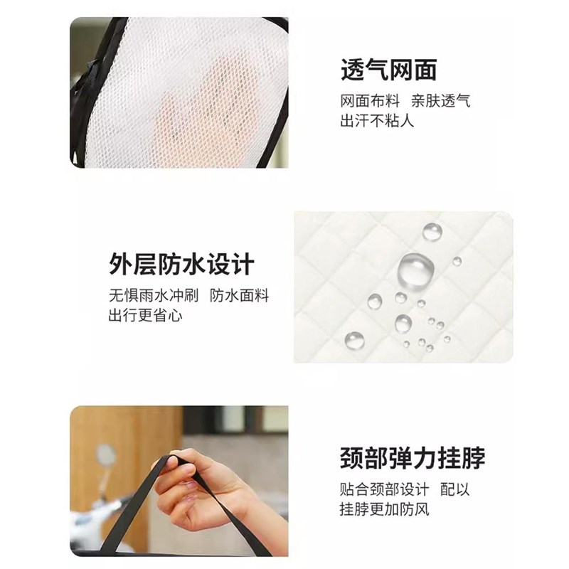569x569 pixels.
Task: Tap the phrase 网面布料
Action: coord(370,101)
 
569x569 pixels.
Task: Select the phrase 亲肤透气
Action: coord(440,101)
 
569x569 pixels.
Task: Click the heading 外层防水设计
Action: coord(181,265)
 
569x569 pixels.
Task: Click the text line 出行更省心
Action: coord(145,315)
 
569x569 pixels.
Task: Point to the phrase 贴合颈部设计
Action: coord(384,489)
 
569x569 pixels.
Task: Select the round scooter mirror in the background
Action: coord(106,456)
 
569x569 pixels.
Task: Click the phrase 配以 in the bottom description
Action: coord(456,489)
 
